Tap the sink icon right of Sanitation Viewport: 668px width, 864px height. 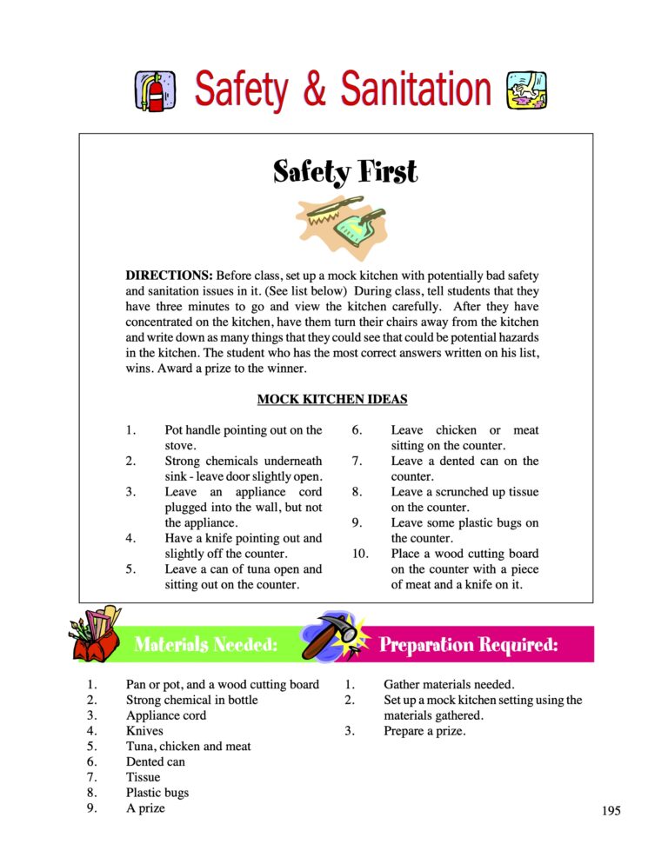point(526,90)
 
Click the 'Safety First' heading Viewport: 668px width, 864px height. point(345,171)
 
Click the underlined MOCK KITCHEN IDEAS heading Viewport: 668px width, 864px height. point(332,400)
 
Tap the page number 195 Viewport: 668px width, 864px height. point(611,811)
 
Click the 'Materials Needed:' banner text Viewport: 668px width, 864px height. point(206,645)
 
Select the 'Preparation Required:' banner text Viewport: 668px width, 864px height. point(468,645)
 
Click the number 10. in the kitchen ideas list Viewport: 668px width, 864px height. point(359,554)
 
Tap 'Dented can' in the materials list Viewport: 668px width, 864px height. point(156,761)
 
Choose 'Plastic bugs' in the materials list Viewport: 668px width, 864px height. point(157,793)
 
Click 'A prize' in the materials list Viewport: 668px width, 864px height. point(145,808)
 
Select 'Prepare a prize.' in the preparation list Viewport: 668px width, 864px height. point(424,731)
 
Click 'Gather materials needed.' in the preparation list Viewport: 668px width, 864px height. point(450,684)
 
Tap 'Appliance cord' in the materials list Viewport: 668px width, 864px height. point(167,715)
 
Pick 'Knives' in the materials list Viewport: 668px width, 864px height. point(144,731)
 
